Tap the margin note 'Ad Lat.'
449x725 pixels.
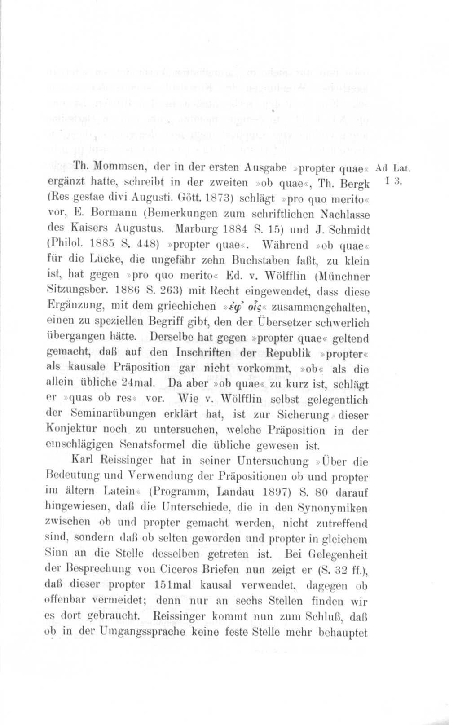[393, 168]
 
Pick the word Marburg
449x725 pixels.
[198, 229]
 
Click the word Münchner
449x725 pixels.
[346, 276]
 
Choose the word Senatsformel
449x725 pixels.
[152, 445]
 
